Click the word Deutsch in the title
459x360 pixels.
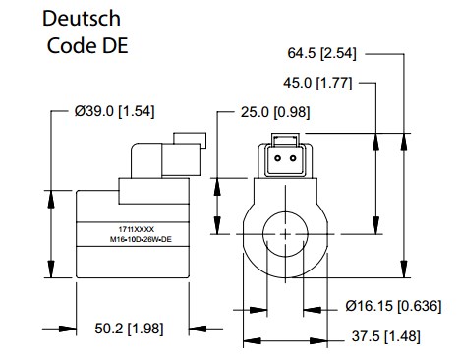[x=82, y=18]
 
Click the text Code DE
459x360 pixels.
[x=87, y=45]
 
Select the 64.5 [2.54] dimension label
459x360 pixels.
[x=321, y=53]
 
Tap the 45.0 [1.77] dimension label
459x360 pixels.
[x=317, y=83]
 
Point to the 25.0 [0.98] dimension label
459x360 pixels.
[x=275, y=112]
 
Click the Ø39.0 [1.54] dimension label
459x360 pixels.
[x=114, y=111]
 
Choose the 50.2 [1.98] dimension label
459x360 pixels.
[x=129, y=329]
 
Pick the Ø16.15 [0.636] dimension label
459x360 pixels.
[x=393, y=306]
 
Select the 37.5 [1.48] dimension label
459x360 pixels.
[x=386, y=336]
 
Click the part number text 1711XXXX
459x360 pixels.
[x=137, y=229]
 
